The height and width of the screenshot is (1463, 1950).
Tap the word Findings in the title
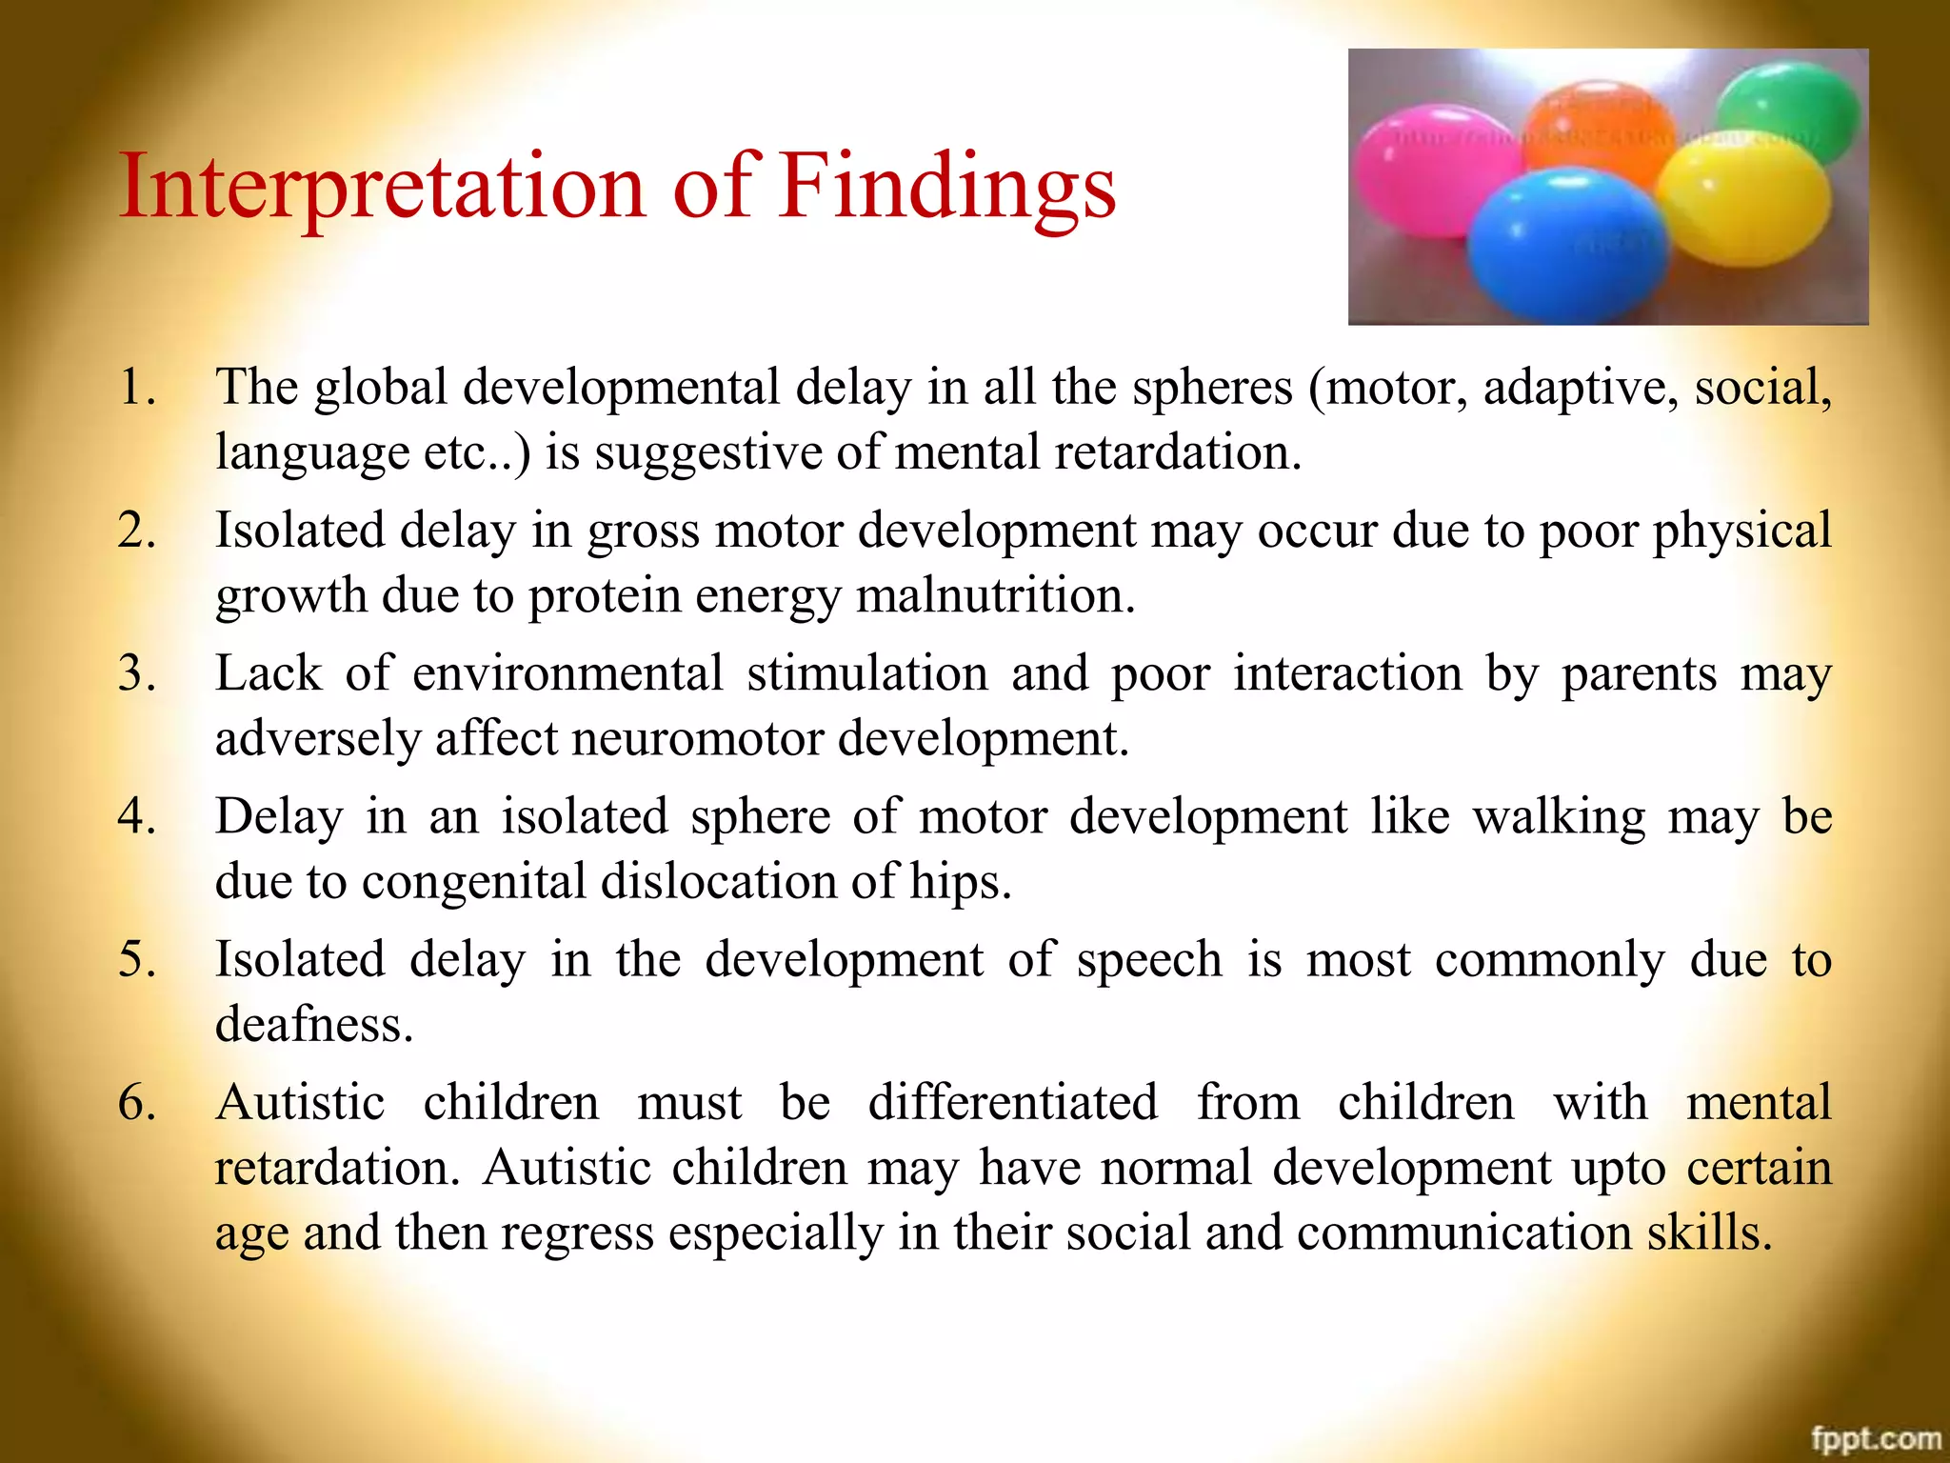click(x=947, y=188)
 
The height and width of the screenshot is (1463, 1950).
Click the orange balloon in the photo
click(x=1600, y=124)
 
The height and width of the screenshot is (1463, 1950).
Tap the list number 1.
click(x=136, y=388)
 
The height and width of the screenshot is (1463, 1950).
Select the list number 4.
click(x=136, y=816)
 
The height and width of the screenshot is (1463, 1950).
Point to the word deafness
click(x=314, y=1025)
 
